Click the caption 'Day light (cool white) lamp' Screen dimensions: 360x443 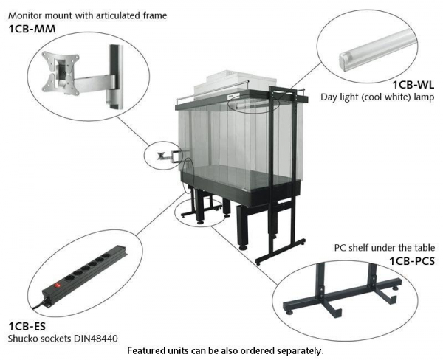pos(377,97)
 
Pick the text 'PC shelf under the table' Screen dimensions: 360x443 pos(383,248)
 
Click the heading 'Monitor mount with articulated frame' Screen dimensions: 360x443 pos(87,15)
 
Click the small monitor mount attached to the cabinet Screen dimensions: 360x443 pos(164,155)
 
